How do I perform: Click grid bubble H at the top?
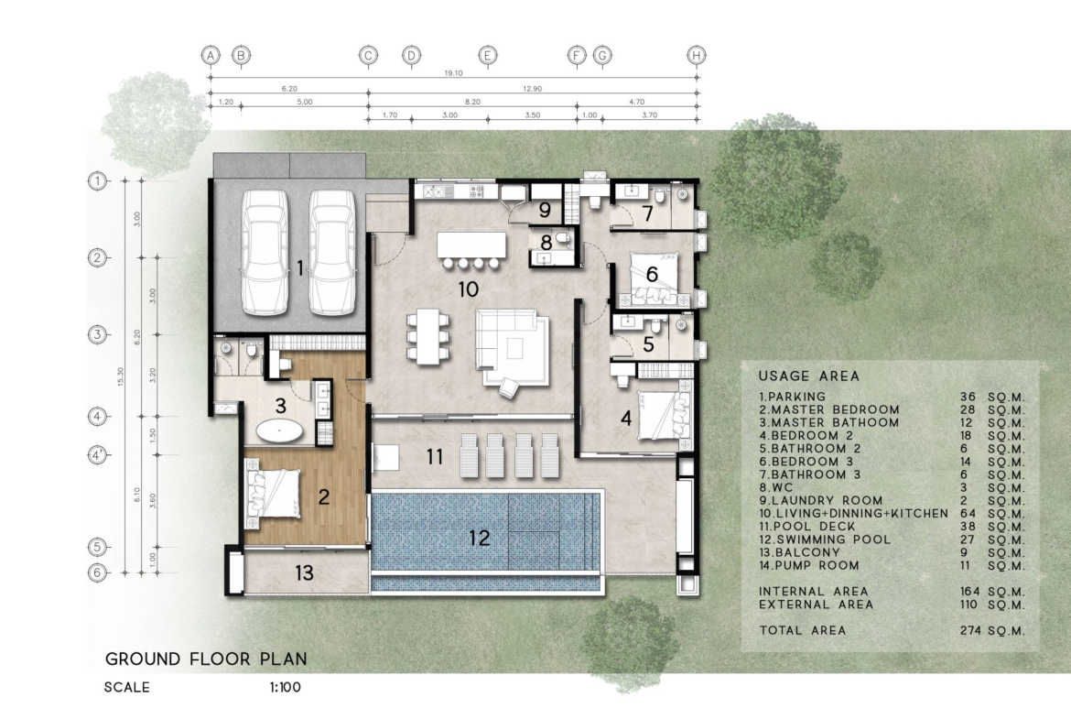(696, 55)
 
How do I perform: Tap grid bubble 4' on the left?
(98, 454)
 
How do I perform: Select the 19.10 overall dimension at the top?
(453, 73)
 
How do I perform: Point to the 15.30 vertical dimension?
(121, 376)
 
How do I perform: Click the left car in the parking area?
(265, 252)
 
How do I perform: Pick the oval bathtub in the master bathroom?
(280, 432)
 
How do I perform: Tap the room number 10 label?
(468, 289)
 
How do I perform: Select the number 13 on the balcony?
(304, 572)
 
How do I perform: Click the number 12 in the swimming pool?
(480, 538)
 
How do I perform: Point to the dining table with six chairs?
(428, 335)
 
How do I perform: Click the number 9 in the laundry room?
(545, 209)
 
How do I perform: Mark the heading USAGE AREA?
(808, 376)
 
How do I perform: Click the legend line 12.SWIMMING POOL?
(825, 539)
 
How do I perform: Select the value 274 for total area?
(970, 630)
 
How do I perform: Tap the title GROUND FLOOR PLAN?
(206, 659)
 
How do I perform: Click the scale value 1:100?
(286, 687)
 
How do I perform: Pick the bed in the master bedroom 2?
(273, 494)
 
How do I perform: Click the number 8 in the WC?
(546, 243)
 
